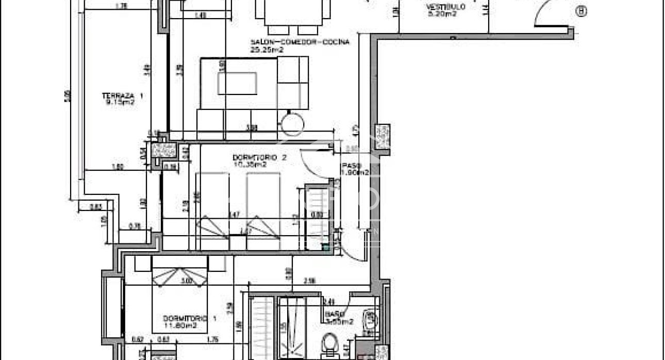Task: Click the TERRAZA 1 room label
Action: point(122,95)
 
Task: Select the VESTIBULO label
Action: point(446,7)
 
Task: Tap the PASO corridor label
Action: point(347,166)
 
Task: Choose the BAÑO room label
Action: point(332,314)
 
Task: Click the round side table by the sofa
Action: point(293,124)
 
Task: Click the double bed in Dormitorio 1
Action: point(180,297)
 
